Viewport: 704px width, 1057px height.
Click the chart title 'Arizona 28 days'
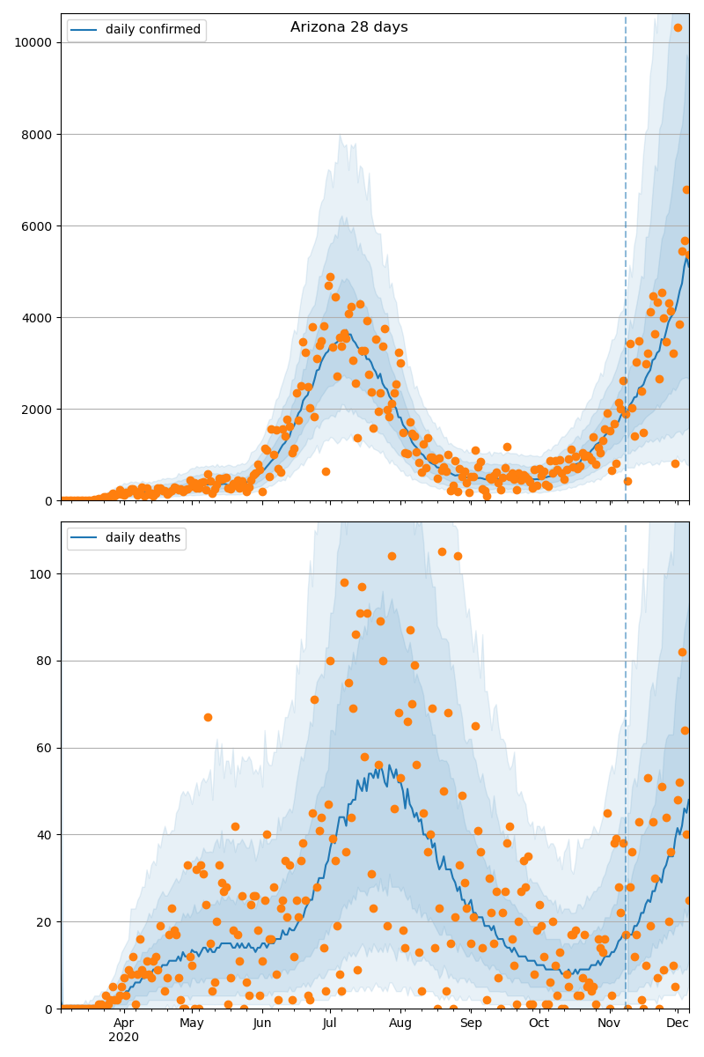tap(348, 27)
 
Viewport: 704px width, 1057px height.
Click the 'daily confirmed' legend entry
tap(152, 30)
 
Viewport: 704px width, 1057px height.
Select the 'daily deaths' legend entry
tap(142, 538)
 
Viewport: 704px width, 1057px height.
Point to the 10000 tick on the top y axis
tap(33, 42)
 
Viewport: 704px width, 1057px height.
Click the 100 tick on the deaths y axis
tap(40, 573)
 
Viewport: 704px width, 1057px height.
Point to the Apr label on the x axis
tap(123, 1023)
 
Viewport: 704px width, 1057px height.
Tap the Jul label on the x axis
tap(329, 1023)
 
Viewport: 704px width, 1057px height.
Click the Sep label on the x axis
tap(471, 1023)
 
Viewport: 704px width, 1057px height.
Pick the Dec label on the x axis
tap(677, 1023)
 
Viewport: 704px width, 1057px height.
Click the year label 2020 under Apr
tap(123, 1037)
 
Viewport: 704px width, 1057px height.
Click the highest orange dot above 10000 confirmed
tap(678, 27)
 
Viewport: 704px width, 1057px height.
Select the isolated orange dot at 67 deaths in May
tap(208, 717)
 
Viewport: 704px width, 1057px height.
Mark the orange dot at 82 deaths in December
tap(682, 652)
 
